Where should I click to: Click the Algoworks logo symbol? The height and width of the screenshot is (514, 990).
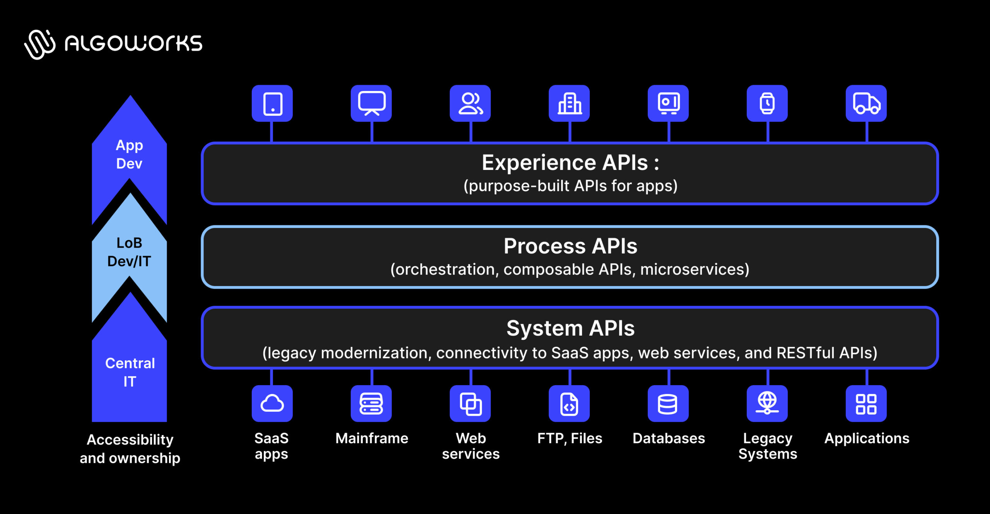tap(40, 44)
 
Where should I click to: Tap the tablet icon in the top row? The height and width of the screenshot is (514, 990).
tap(272, 103)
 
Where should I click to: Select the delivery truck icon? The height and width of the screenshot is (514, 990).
tap(866, 103)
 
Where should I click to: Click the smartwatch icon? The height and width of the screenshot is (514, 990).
tap(767, 103)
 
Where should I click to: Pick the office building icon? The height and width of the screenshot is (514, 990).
tap(569, 103)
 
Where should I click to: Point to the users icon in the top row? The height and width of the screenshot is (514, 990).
tap(470, 103)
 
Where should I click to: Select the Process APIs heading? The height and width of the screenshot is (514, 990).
tap(570, 246)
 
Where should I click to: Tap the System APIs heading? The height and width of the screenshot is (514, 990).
tap(570, 328)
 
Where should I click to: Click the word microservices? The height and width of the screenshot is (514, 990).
tap(694, 269)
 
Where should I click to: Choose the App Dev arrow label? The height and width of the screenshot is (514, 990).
tap(130, 154)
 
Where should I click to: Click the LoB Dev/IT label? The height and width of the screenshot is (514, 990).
tap(130, 252)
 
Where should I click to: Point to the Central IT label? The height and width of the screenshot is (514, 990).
tap(130, 372)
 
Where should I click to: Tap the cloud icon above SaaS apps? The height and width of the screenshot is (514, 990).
tap(272, 403)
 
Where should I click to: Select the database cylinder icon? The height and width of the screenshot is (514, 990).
tap(668, 404)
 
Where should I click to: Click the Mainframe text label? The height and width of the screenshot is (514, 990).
tap(372, 438)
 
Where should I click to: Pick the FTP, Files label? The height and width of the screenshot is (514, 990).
tap(570, 438)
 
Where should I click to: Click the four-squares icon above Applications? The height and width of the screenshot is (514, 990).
tap(866, 404)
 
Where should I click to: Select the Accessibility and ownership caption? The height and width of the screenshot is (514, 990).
tap(130, 449)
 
